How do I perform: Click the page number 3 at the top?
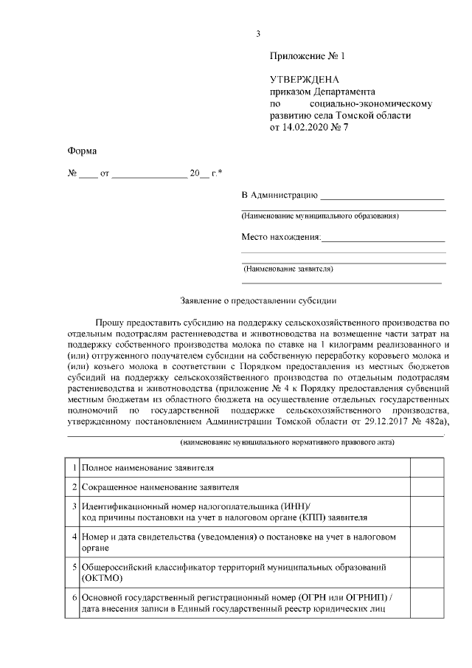(257, 33)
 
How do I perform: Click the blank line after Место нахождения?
(383, 241)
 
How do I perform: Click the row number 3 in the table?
(74, 507)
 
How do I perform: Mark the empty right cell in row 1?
(426, 468)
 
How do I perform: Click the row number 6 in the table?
(74, 596)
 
